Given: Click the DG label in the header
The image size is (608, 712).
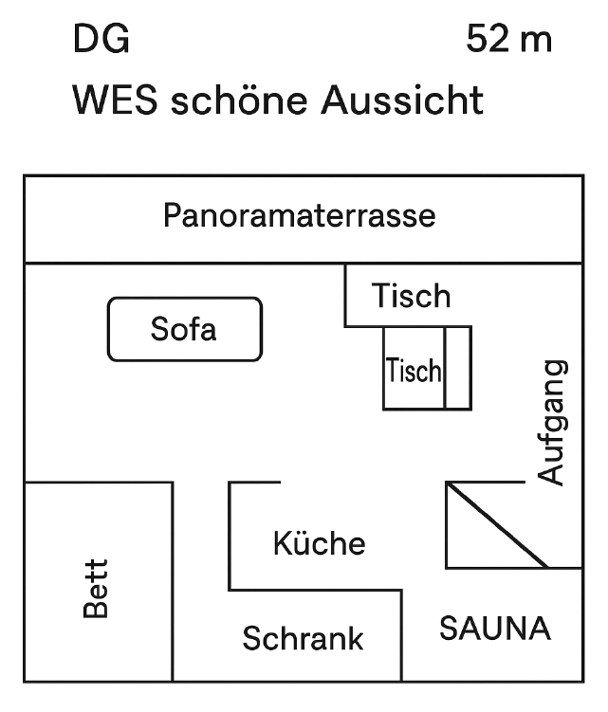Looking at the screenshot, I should click(x=101, y=40).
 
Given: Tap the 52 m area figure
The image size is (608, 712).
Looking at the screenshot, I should click(x=509, y=40).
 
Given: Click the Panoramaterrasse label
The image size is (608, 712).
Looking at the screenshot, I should click(x=300, y=215).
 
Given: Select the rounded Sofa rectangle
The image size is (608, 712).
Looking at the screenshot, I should click(x=184, y=329).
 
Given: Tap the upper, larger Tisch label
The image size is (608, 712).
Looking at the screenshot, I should click(x=411, y=296).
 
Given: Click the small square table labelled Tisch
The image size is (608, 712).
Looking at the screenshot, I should click(x=414, y=369).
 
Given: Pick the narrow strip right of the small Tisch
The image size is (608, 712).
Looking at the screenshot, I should click(x=458, y=368).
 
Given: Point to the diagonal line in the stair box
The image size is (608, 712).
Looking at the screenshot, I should click(x=497, y=525).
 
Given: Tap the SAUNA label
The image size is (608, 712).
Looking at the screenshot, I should click(x=494, y=628).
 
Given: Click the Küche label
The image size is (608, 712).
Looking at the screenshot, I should click(x=319, y=543).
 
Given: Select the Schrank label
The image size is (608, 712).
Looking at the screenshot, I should click(x=303, y=638).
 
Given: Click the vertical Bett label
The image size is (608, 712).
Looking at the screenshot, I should click(x=96, y=589).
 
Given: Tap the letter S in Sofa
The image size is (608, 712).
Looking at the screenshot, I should click(x=159, y=329).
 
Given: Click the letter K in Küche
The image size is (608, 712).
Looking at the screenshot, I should click(x=282, y=544).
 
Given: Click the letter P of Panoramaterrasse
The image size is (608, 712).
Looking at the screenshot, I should click(x=172, y=215).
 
